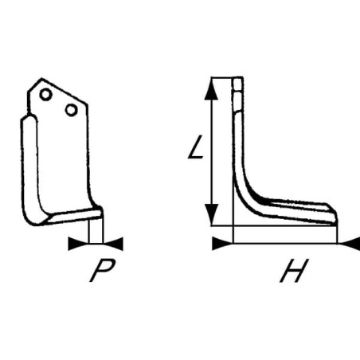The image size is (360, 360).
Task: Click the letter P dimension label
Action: tap(102, 270)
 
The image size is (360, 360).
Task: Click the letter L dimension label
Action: tap(196, 147)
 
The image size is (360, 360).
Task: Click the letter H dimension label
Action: tap(294, 271)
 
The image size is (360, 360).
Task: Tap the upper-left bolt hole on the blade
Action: tap(45, 94)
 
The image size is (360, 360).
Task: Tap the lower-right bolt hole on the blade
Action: tap(72, 110)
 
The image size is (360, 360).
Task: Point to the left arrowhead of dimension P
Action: tap(78, 244)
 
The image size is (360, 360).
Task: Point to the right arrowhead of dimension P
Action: tap(113, 244)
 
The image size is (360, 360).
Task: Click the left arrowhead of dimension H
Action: tap(222, 244)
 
